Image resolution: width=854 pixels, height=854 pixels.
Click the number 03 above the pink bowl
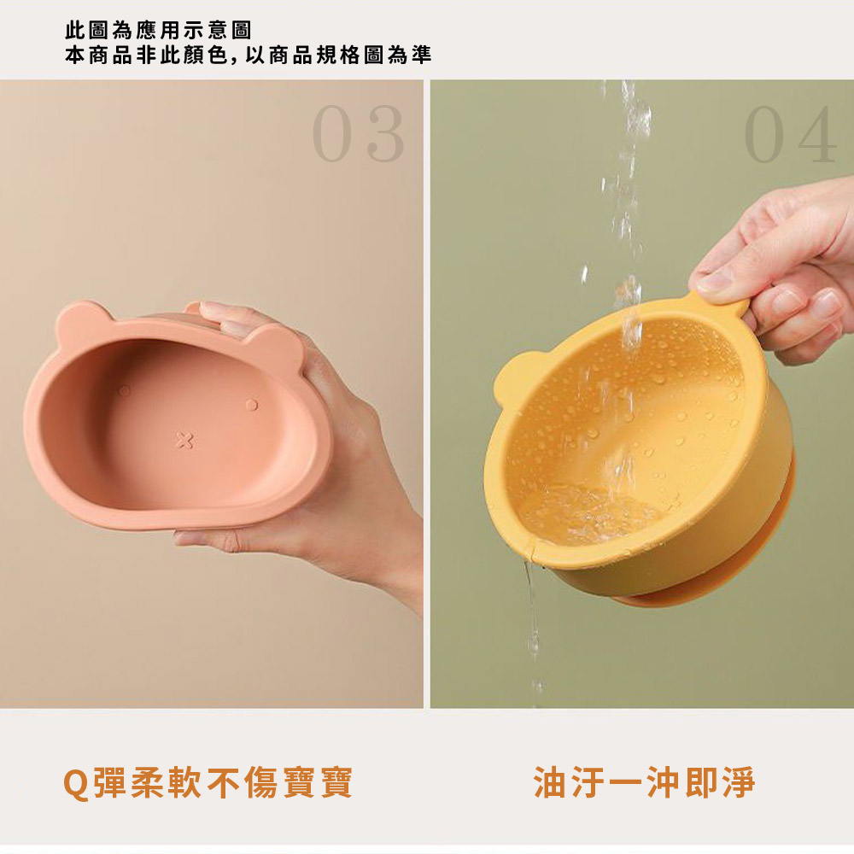[x=358, y=135]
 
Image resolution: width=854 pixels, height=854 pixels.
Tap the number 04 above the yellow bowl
[x=790, y=135]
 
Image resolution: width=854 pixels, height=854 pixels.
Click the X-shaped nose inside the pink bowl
[x=184, y=441]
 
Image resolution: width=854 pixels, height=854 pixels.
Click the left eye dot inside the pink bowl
[x=125, y=390]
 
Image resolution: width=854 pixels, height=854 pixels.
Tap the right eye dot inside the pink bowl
[x=250, y=404]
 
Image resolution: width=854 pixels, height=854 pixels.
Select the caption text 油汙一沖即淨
[x=644, y=782]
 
